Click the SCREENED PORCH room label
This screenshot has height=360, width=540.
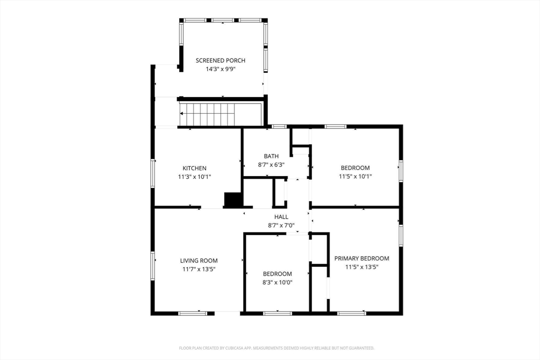(x=220, y=61)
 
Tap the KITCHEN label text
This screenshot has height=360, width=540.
(x=195, y=168)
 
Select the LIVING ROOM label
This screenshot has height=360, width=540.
(x=199, y=261)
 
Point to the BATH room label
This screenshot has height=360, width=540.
(x=272, y=156)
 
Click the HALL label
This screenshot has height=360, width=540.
(x=282, y=217)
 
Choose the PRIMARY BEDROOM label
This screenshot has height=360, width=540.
(x=362, y=258)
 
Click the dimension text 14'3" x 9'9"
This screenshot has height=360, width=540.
(x=220, y=69)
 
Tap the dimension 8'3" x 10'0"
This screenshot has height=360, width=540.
(x=277, y=283)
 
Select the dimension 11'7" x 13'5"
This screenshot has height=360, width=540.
(x=199, y=269)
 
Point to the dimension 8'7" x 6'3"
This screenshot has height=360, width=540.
(x=272, y=165)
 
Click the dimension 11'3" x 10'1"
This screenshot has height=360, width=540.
(x=195, y=177)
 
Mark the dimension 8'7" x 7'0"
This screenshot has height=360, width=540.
(x=282, y=226)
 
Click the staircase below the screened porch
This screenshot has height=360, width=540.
(x=220, y=114)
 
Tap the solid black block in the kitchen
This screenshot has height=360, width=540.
(x=234, y=200)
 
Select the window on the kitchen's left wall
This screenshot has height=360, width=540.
(x=152, y=173)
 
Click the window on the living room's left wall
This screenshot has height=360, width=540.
(x=152, y=266)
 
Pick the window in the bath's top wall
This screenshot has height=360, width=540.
(x=279, y=127)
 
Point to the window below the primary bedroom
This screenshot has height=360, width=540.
(x=352, y=313)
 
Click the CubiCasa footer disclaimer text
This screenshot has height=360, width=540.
(x=276, y=348)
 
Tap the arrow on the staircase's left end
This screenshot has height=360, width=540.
(x=181, y=113)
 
